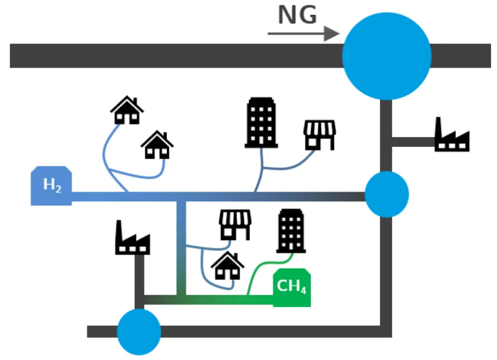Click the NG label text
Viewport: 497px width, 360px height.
(x=297, y=15)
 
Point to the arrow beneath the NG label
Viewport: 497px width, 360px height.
(x=304, y=34)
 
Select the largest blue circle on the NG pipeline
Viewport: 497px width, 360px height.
(x=387, y=56)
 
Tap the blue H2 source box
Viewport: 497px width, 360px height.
(x=51, y=186)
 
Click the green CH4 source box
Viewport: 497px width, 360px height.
(x=292, y=287)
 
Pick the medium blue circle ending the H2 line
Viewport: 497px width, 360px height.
(x=387, y=194)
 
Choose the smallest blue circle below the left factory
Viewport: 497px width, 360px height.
(x=139, y=332)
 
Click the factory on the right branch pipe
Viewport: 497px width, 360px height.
(x=452, y=134)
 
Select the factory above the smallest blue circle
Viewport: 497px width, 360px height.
(x=133, y=237)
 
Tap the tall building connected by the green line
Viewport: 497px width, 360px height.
(x=291, y=231)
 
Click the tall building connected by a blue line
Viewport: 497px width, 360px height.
(x=261, y=122)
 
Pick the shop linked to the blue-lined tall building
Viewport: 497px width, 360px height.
(x=319, y=135)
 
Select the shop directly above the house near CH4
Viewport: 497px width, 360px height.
(x=235, y=225)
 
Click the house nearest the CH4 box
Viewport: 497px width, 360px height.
(x=227, y=266)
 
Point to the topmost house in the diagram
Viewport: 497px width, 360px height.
(x=127, y=110)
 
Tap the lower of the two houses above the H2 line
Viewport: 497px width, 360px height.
(x=157, y=145)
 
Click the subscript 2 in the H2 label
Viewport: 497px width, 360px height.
(x=58, y=189)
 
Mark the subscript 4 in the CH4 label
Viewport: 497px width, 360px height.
(x=303, y=290)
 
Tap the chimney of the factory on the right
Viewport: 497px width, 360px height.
(x=438, y=128)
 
